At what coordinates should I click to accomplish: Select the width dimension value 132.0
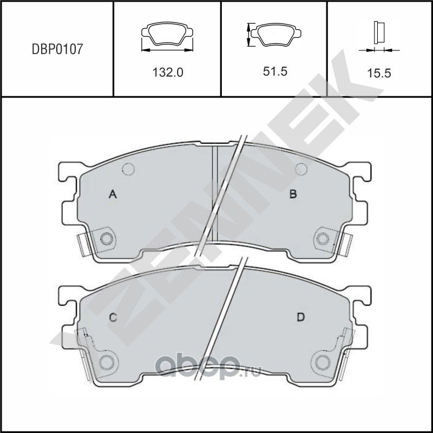167,73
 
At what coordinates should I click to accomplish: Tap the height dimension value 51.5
274,73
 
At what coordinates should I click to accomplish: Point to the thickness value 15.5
379,74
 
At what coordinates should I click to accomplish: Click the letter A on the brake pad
113,194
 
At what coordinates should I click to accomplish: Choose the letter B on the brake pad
293,194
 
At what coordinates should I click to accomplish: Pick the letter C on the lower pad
113,318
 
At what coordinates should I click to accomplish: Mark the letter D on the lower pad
299,318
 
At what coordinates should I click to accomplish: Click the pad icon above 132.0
167,36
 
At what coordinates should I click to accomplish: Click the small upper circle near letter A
128,169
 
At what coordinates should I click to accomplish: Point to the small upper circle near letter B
301,169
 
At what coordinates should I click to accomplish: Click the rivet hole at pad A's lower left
107,239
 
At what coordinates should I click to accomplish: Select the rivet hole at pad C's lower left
107,362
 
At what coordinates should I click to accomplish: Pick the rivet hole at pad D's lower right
324,362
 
